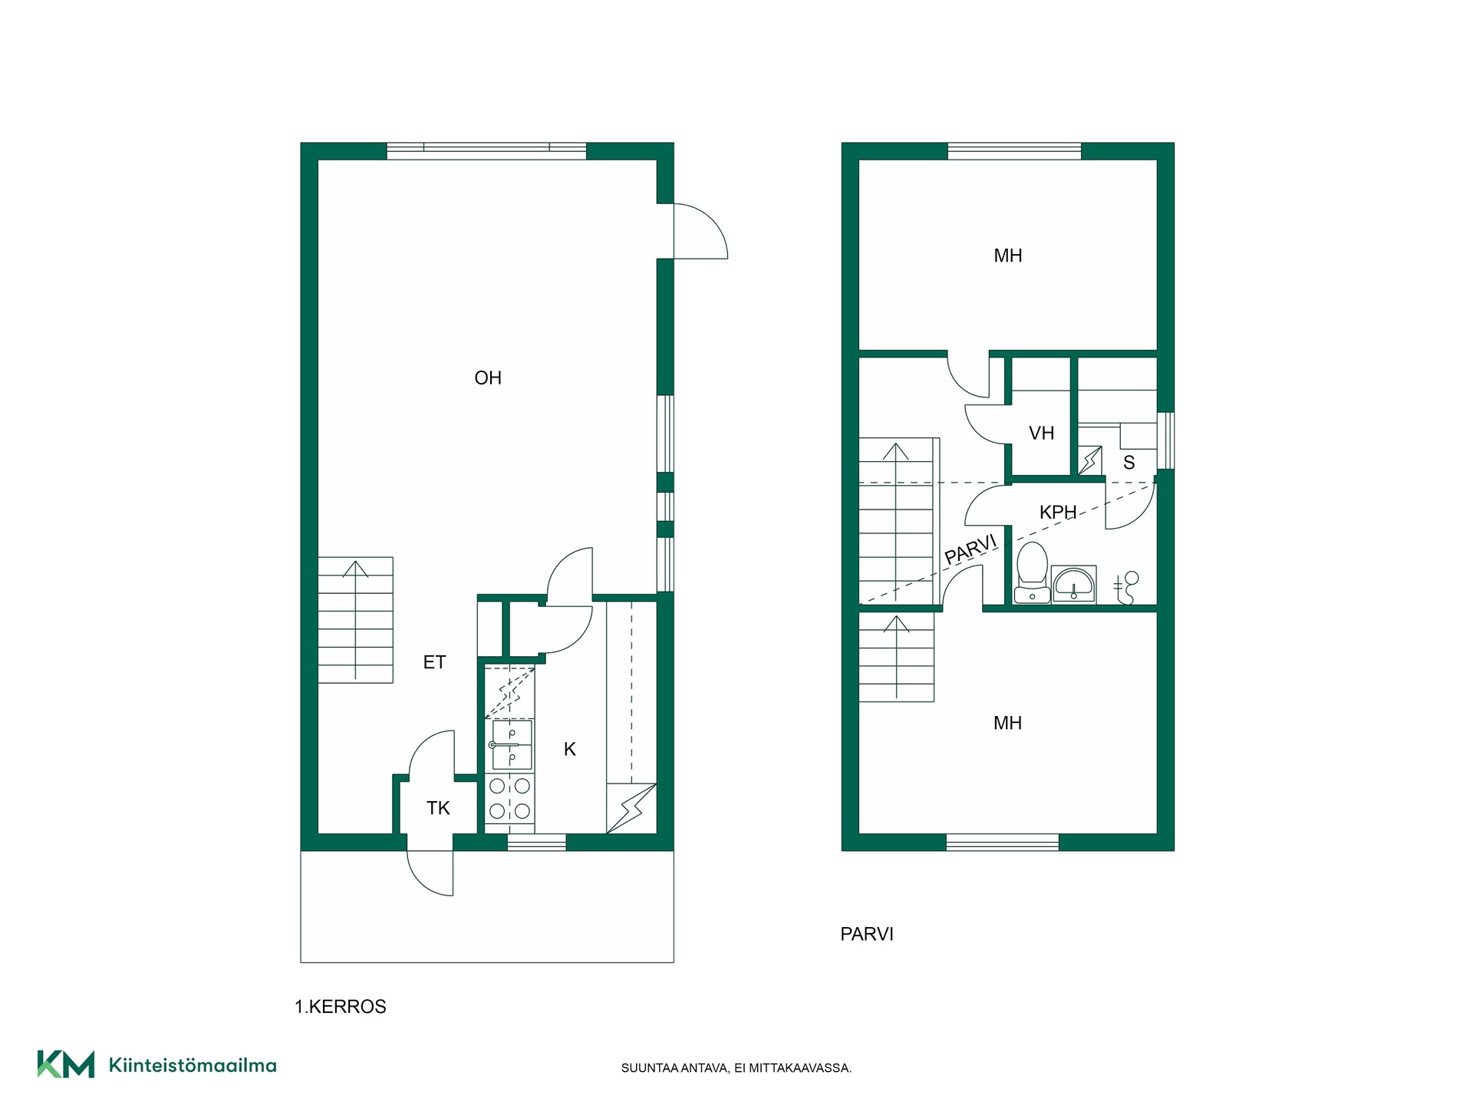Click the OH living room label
488,378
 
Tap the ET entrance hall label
434,662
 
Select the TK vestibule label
438,808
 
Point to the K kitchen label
569,749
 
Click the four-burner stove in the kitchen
510,799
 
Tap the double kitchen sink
511,745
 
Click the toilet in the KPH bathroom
1032,572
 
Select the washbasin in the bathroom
1073,585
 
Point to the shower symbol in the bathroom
1126,588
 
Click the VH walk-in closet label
1041,434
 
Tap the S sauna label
1129,463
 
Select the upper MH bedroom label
1007,256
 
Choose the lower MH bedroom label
1007,723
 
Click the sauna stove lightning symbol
1090,460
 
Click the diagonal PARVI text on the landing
970,549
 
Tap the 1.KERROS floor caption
341,1007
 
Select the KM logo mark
66,1064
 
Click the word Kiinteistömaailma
193,1065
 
